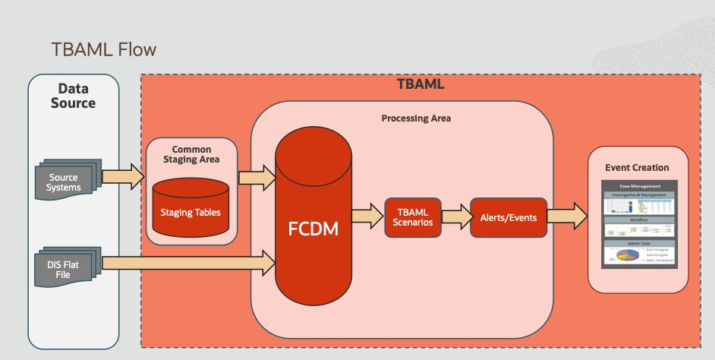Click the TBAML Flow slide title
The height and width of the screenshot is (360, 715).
pyautogui.click(x=103, y=50)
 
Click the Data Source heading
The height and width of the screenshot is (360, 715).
pyautogui.click(x=73, y=95)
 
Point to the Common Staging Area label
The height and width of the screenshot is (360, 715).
pyautogui.click(x=191, y=154)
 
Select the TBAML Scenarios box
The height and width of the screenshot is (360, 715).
pyautogui.click(x=412, y=217)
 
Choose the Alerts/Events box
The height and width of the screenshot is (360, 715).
pyautogui.click(x=508, y=217)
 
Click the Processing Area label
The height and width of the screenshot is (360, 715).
pyautogui.click(x=416, y=118)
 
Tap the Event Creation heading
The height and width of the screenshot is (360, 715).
pyautogui.click(x=637, y=167)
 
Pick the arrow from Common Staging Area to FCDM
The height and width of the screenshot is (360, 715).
pyautogui.click(x=257, y=178)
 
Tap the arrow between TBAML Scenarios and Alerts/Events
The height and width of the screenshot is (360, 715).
pyautogui.click(x=455, y=216)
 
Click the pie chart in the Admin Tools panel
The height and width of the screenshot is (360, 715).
pyautogui.click(x=622, y=257)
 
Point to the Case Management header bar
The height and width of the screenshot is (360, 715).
pyautogui.click(x=637, y=185)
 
